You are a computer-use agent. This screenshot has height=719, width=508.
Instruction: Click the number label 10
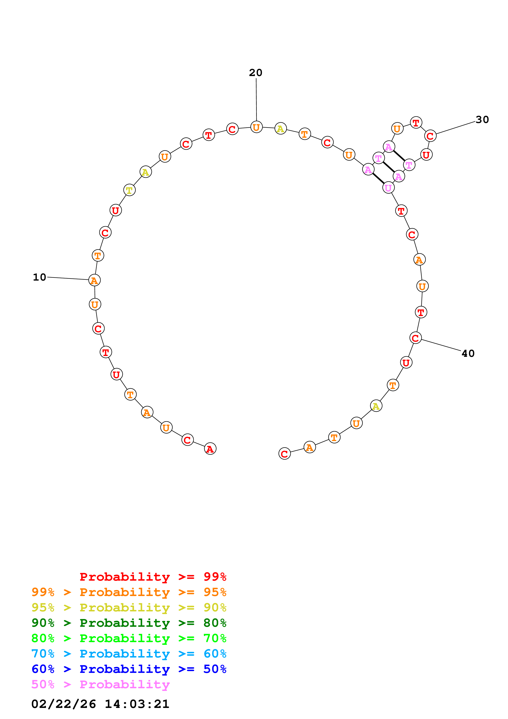pyautogui.click(x=39, y=277)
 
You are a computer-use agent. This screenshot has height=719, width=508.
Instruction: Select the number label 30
pyautogui.click(x=482, y=120)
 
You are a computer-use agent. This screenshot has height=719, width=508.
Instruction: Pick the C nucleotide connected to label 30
pyautogui.click(x=430, y=136)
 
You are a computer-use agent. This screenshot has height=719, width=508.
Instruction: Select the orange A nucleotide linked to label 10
pyautogui.click(x=94, y=280)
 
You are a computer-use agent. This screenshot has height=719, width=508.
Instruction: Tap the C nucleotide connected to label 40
pyautogui.click(x=415, y=338)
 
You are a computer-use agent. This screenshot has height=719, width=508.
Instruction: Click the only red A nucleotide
pyautogui.click(x=210, y=449)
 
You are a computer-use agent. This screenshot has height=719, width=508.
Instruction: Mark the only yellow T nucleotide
pyautogui.click(x=129, y=190)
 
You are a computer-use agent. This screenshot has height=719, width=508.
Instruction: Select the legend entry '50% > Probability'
pyautogui.click(x=100, y=685)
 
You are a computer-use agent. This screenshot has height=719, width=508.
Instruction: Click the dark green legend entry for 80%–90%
pyautogui.click(x=129, y=623)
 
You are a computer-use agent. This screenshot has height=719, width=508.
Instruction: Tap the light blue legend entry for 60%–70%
pyautogui.click(x=129, y=654)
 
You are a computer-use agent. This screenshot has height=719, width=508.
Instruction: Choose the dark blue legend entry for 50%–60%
pyautogui.click(x=129, y=669)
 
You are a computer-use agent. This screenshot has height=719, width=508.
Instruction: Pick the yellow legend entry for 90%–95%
pyautogui.click(x=129, y=608)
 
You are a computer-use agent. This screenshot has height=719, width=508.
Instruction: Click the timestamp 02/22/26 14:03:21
pyautogui.click(x=100, y=704)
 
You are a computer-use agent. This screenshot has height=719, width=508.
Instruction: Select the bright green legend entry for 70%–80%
pyautogui.click(x=129, y=638)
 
